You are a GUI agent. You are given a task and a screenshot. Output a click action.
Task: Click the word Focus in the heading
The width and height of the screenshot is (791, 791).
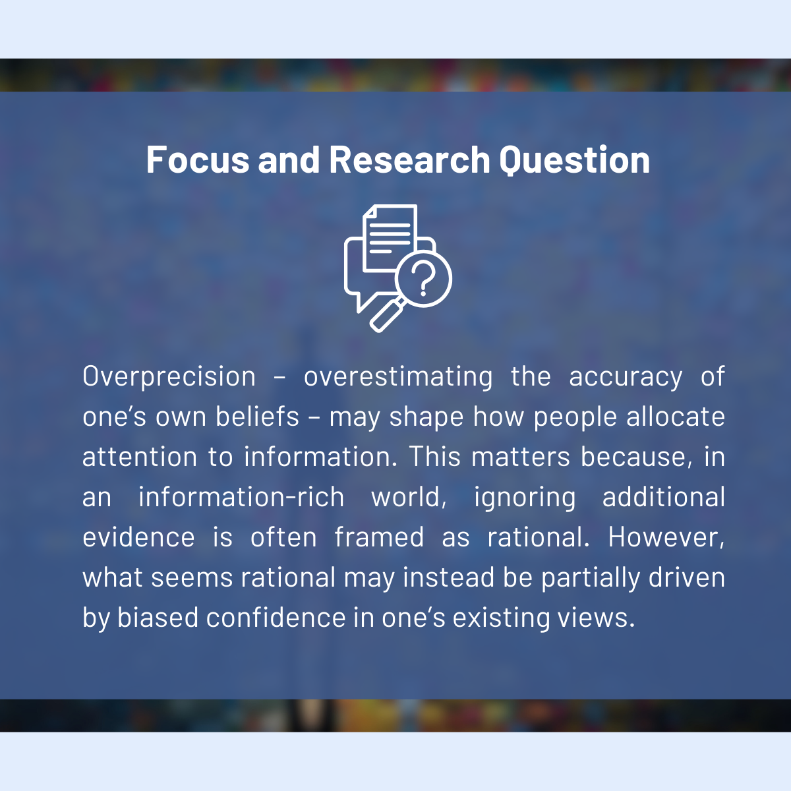(x=198, y=160)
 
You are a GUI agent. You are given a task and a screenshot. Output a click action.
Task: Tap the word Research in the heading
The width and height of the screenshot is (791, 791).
(x=409, y=160)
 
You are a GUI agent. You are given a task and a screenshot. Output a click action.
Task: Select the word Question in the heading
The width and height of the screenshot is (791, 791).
(x=574, y=160)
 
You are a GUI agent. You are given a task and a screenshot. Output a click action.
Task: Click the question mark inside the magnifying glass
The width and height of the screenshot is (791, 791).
(x=423, y=279)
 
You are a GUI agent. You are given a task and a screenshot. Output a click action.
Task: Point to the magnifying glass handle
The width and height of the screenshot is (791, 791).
(x=386, y=315)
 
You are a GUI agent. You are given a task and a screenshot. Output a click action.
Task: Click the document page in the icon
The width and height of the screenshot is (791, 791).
(x=390, y=238)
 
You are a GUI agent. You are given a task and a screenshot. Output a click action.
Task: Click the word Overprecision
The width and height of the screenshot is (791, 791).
(x=169, y=377)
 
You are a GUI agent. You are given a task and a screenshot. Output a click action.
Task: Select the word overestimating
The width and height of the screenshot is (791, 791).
(x=397, y=377)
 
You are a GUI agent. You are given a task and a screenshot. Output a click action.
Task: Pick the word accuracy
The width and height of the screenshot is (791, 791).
(x=626, y=378)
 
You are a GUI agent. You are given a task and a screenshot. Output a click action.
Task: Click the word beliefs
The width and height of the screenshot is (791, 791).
(x=257, y=417)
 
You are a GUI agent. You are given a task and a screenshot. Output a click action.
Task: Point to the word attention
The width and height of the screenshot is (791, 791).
(x=140, y=457)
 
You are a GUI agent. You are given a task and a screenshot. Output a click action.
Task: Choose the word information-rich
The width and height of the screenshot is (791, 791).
(x=241, y=497)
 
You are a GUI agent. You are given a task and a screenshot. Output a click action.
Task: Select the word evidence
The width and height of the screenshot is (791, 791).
(x=138, y=537)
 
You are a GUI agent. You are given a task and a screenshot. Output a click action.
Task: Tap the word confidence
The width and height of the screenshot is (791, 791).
(x=276, y=618)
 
